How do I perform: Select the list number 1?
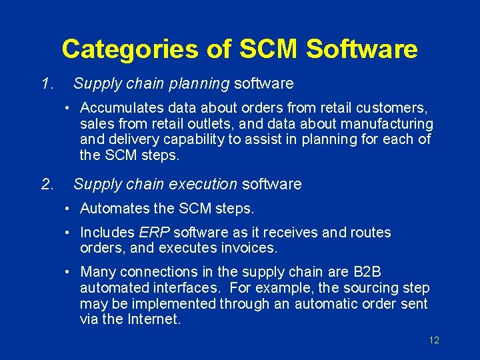coord(46,83)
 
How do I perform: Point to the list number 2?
coord(46,183)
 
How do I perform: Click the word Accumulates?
coord(119,107)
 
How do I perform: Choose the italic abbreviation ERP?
coord(154,233)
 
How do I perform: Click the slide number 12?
coord(434,340)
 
